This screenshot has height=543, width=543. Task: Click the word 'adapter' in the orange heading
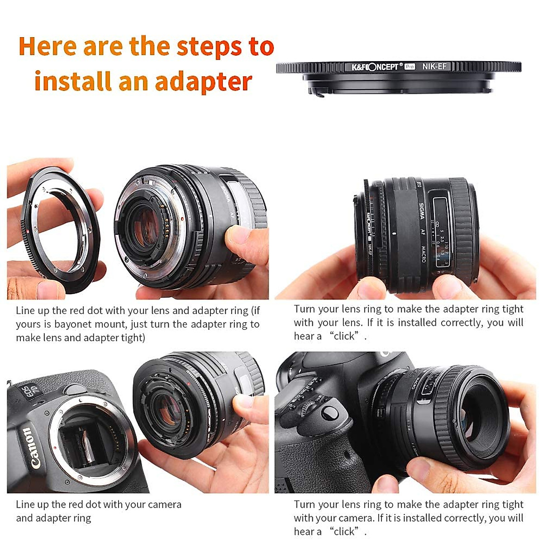point(203,81)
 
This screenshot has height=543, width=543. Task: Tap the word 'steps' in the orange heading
point(209,47)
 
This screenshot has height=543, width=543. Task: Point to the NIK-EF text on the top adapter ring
point(434,67)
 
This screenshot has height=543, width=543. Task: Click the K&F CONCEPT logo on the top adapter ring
point(375,67)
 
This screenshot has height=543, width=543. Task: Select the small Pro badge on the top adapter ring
point(410,67)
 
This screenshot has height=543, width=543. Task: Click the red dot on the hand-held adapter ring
point(29,231)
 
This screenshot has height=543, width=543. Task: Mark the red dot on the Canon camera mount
point(55,448)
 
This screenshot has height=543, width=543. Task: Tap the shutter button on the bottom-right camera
point(329,412)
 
